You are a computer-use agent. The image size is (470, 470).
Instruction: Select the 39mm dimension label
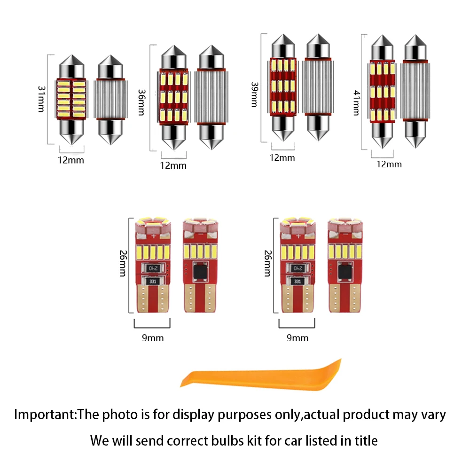click(x=254, y=94)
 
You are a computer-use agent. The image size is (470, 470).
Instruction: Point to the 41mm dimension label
click(x=355, y=103)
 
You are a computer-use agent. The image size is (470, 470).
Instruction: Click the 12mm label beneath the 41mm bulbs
click(x=390, y=164)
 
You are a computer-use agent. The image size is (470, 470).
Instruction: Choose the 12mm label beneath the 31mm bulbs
click(x=70, y=160)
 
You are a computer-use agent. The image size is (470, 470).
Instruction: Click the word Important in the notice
click(x=45, y=415)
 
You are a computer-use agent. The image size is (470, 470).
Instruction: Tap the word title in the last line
click(x=363, y=441)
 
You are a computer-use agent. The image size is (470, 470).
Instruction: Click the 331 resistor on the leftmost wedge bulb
click(x=152, y=282)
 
